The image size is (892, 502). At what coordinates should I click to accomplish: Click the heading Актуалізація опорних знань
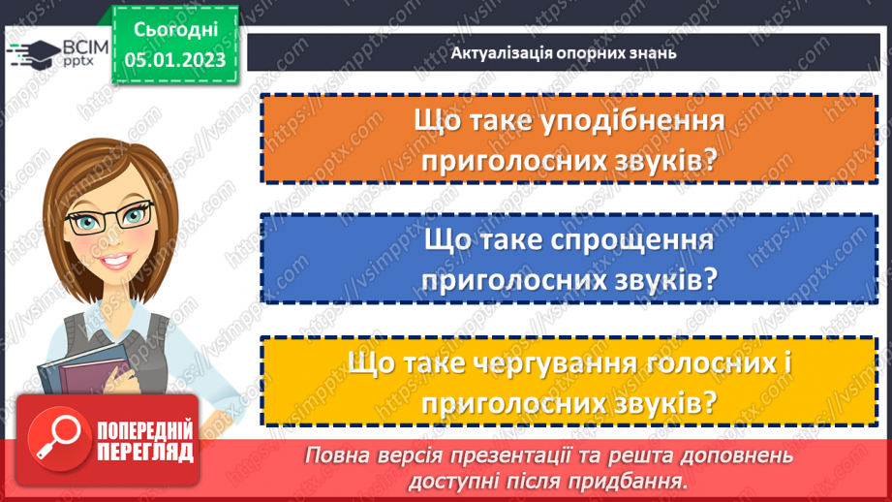point(563,52)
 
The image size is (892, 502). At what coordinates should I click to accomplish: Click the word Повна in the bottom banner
point(337,455)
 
